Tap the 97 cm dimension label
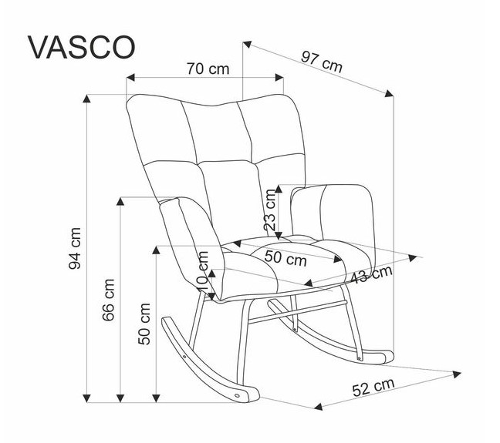[321, 62]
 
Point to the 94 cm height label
[75, 248]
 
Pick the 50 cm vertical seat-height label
[144, 324]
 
